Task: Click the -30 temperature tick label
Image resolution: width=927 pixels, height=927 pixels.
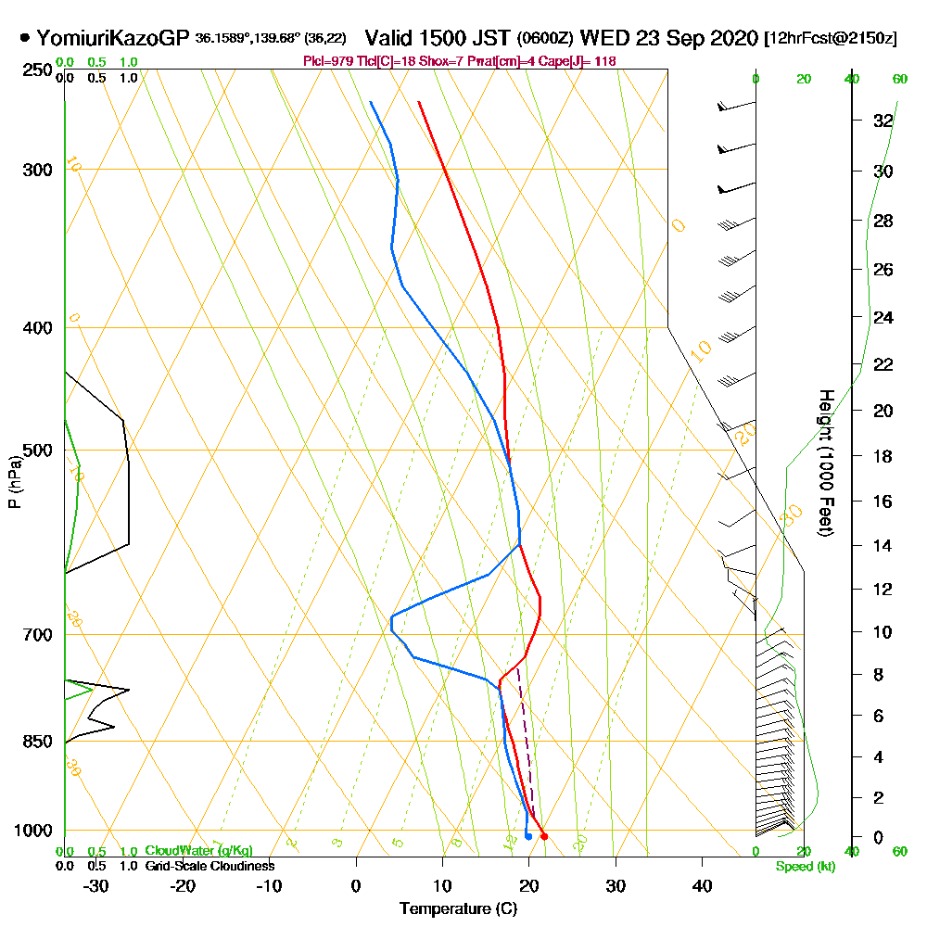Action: coord(96,884)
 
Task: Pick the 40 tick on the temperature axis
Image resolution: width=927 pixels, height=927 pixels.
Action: coord(702,884)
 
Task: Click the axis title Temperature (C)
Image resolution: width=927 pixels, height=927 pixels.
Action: coord(458,909)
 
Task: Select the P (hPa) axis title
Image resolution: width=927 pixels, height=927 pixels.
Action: coord(14,481)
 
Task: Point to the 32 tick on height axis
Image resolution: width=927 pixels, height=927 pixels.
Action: coord(883,121)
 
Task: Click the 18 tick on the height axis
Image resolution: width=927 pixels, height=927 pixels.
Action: coord(883,456)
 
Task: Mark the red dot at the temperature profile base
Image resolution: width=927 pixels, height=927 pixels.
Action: coord(544,836)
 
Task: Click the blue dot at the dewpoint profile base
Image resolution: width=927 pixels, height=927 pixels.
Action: coord(527,836)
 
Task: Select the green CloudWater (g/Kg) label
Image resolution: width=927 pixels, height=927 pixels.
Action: coord(198,851)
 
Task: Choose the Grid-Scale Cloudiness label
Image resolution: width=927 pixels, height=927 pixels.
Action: coord(209,866)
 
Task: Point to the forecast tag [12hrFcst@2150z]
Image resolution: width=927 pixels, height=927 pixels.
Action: coord(830,39)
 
